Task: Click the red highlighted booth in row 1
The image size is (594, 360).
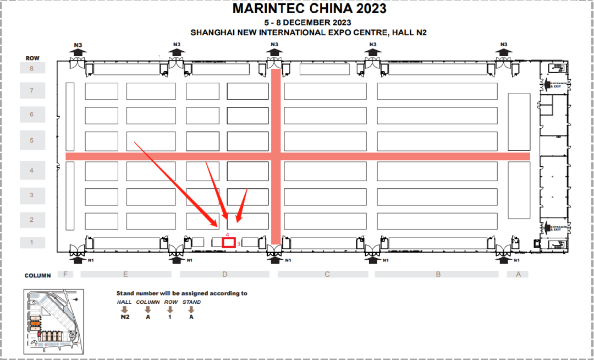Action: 229,242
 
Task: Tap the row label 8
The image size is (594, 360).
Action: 31,68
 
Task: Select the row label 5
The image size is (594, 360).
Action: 31,140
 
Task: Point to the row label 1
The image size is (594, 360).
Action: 31,243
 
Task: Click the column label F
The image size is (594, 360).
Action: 65,274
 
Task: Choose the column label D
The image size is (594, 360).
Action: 224,274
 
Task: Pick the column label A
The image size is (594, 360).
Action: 518,274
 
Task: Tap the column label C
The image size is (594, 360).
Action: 327,274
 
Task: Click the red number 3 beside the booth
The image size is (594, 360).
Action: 239,243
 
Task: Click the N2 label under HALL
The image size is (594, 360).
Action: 124,317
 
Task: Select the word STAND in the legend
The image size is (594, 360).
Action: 191,302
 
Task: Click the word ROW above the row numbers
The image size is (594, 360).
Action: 32,58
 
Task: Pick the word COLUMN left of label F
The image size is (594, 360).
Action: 37,275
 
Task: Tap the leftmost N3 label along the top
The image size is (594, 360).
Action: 78,45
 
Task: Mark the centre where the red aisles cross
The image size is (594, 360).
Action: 276,156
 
